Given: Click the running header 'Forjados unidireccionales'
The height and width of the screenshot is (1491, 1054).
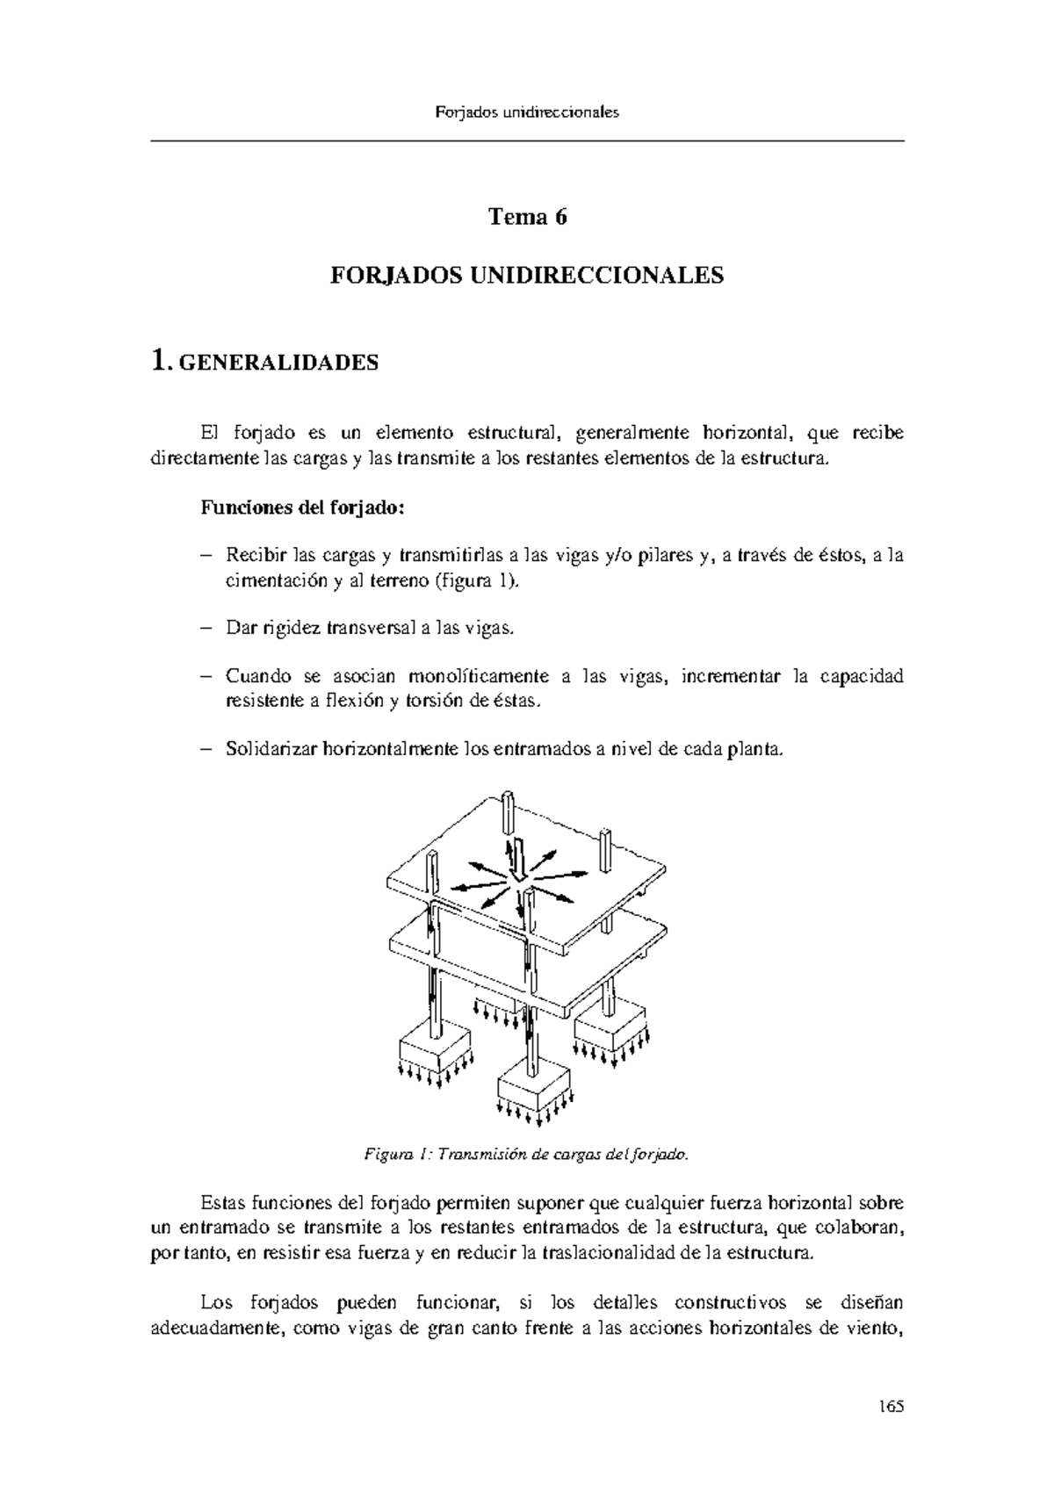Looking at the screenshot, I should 527,112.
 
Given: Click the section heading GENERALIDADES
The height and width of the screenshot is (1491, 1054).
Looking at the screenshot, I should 278,363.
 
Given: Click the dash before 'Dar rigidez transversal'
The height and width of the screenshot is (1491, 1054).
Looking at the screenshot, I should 206,629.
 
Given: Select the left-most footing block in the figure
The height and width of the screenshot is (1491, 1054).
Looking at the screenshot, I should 437,1047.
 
